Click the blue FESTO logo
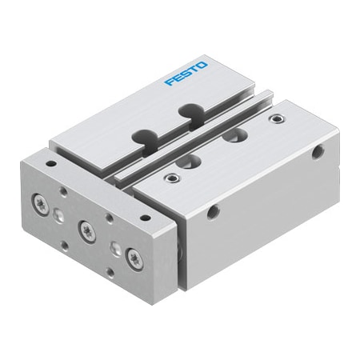coord(186,73)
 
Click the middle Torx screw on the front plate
coord(86,230)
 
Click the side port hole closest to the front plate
coord(213,212)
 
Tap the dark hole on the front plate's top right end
coord(145,217)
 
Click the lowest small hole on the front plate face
coord(109,272)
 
